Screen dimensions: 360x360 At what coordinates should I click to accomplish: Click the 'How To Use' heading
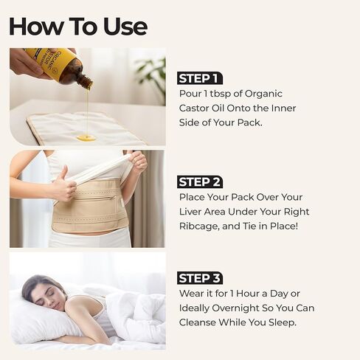click(78, 26)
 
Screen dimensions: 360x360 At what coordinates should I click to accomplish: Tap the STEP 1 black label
click(200, 78)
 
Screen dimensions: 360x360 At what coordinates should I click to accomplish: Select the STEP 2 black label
click(200, 181)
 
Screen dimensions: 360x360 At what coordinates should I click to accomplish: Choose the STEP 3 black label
click(200, 278)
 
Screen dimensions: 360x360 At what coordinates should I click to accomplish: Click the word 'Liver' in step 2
click(193, 212)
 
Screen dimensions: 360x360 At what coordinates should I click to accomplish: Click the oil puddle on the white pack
click(86, 137)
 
